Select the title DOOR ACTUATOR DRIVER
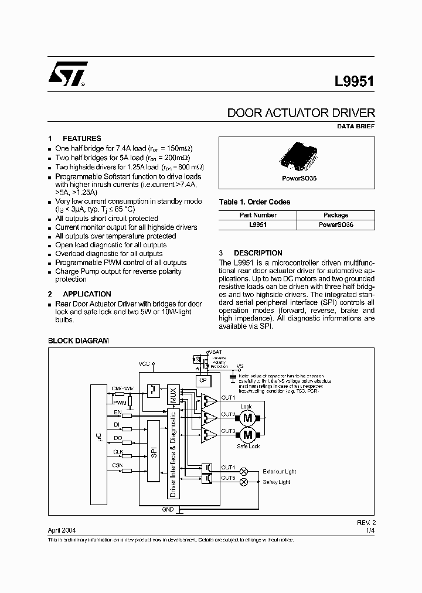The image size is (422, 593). tap(301, 113)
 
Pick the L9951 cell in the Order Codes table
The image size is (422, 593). tap(258, 224)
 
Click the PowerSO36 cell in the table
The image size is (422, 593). tap(336, 224)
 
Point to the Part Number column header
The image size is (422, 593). tap(258, 215)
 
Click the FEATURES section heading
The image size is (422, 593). tap(81, 139)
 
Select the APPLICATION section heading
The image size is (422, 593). tap(86, 294)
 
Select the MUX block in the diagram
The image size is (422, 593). tap(172, 394)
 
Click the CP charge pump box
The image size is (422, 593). tap(203, 380)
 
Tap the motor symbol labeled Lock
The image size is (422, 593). tap(247, 418)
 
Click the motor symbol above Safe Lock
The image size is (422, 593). tap(247, 435)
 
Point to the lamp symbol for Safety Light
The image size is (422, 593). tap(245, 482)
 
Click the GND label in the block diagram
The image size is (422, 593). tap(168, 510)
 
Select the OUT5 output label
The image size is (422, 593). tap(229, 478)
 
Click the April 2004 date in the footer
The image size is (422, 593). tap(62, 529)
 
